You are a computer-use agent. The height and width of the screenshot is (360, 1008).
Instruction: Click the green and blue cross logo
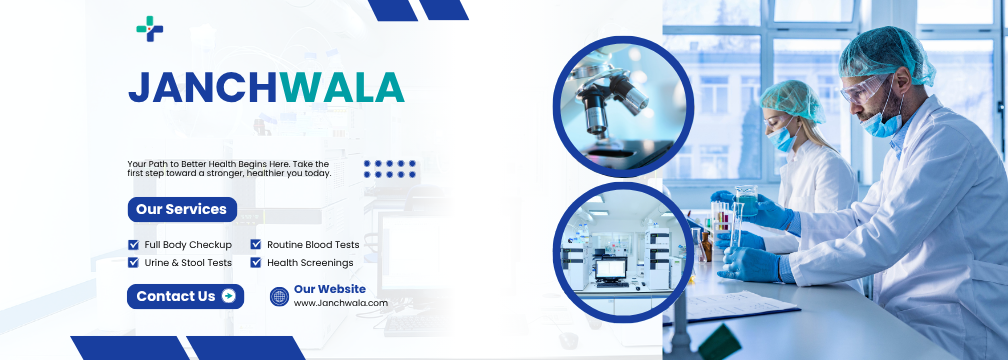pyautogui.click(x=149, y=29)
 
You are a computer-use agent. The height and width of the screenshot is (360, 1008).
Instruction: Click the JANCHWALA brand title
pyautogui.click(x=266, y=88)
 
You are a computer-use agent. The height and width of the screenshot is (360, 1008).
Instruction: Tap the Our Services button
pyautogui.click(x=182, y=209)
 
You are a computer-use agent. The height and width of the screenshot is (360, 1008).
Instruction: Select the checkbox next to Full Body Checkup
pyautogui.click(x=134, y=244)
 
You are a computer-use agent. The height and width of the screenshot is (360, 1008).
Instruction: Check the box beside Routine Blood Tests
pyautogui.click(x=256, y=244)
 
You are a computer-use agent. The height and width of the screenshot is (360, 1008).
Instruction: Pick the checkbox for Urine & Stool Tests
pyautogui.click(x=134, y=263)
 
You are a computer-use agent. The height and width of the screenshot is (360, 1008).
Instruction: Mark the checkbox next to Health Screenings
pyautogui.click(x=256, y=263)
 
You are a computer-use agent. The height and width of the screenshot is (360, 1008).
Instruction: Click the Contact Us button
pyautogui.click(x=185, y=296)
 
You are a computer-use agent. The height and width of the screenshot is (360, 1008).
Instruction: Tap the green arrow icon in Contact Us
pyautogui.click(x=228, y=296)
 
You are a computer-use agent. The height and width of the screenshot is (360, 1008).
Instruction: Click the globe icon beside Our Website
pyautogui.click(x=280, y=296)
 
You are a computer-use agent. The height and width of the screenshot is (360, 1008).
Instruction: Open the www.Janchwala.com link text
pyautogui.click(x=340, y=303)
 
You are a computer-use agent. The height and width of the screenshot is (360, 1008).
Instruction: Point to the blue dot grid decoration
pyautogui.click(x=389, y=169)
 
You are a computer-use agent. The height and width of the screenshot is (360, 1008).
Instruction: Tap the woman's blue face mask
pyautogui.click(x=783, y=138)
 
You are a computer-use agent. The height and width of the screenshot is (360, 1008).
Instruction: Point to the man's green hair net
pyautogui.click(x=885, y=50)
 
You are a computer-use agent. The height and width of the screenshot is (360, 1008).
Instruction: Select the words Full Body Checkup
pyautogui.click(x=188, y=244)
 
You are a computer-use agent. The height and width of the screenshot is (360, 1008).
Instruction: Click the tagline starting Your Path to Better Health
pyautogui.click(x=229, y=168)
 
